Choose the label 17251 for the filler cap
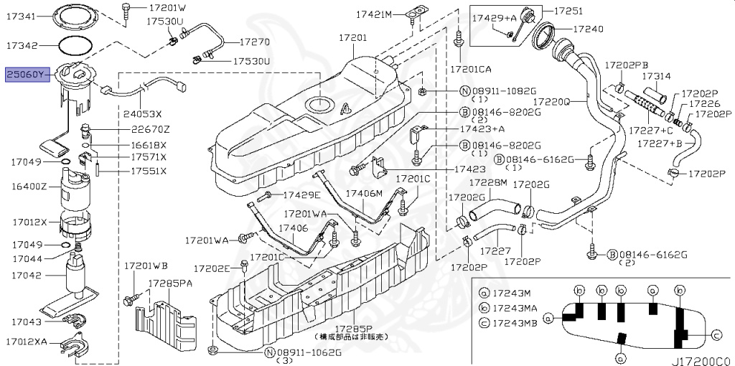pos(568,11)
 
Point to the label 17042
pos(27,274)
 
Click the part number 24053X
pos(142,113)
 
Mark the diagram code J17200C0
pos(701,356)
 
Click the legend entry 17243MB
pos(514,324)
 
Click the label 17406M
pos(364,194)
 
